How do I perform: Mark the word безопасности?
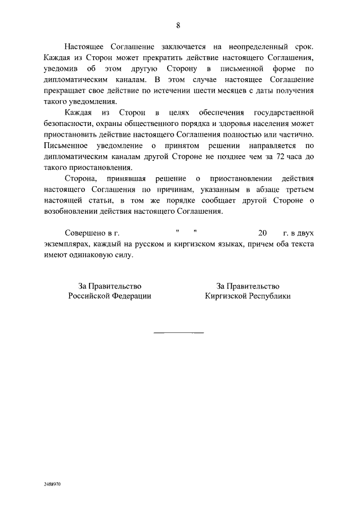pyautogui.click(x=69, y=124)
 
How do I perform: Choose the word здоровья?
pyautogui.click(x=229, y=124)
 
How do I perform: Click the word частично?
pyautogui.click(x=296, y=134)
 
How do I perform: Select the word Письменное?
pyautogui.click(x=67, y=146)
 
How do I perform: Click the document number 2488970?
pyautogui.click(x=52, y=483)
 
